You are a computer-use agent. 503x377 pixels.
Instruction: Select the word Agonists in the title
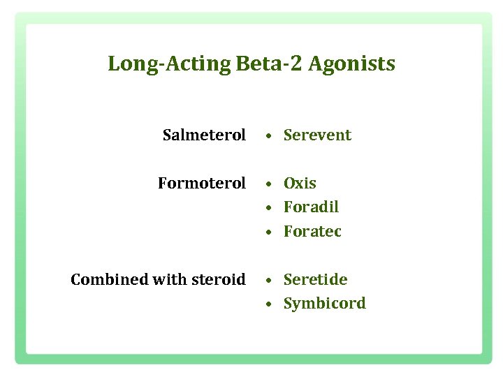click(x=351, y=64)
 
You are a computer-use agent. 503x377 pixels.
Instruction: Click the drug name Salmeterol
click(x=204, y=135)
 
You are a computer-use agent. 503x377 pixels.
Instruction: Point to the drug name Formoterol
click(x=202, y=183)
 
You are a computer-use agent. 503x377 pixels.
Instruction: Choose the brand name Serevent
click(x=317, y=135)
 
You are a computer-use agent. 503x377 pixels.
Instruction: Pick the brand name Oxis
click(x=300, y=183)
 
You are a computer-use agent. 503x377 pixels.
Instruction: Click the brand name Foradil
click(x=311, y=207)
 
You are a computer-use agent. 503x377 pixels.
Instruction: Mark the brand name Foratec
click(x=312, y=231)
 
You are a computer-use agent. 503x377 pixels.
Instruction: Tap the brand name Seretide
click(x=315, y=279)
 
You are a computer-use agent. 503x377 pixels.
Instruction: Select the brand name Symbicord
click(x=324, y=304)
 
